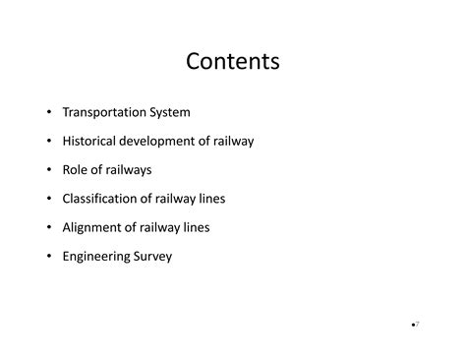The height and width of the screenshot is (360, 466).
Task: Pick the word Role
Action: point(77,170)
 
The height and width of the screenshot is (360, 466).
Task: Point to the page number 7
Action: point(417,324)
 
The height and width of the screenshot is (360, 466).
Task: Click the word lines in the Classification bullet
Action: point(211,199)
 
